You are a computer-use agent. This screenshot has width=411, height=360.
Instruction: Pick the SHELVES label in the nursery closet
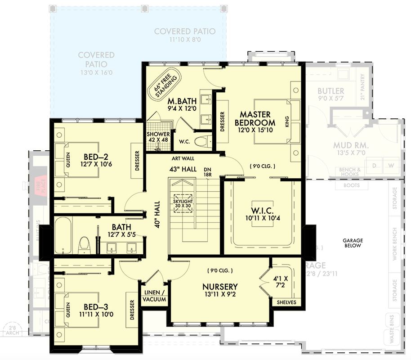(x=286, y=302)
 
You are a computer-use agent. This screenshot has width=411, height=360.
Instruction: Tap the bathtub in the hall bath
(x=63, y=236)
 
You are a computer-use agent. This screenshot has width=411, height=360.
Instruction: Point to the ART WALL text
(x=183, y=159)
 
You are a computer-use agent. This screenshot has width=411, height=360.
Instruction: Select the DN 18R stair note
(x=207, y=171)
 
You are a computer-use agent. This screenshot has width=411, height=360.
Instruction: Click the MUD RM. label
(x=351, y=146)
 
